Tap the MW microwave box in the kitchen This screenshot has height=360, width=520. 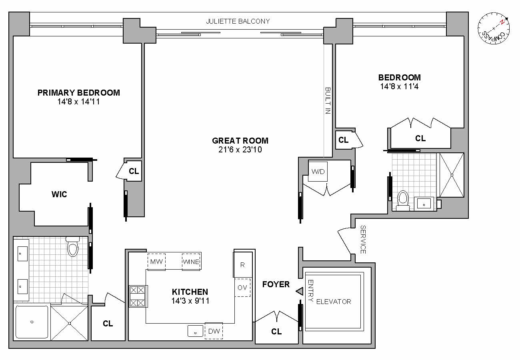[156, 262]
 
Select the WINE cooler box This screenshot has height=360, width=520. [191, 262]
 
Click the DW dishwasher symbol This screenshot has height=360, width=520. [214, 331]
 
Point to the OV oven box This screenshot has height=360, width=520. [243, 288]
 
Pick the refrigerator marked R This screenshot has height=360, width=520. [243, 264]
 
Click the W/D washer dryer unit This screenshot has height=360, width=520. [318, 172]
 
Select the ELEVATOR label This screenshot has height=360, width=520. [333, 302]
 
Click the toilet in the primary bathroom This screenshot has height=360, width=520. [73, 247]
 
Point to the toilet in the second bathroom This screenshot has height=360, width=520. [403, 200]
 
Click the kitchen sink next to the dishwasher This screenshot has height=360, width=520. [196, 331]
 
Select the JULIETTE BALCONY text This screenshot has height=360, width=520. [238, 21]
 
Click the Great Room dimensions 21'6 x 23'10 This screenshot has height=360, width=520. [240, 150]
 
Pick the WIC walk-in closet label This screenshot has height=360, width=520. [59, 194]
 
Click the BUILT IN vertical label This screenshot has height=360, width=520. [328, 101]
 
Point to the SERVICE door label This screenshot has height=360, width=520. [363, 240]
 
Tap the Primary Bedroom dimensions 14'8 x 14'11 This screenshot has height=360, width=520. [78, 102]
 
